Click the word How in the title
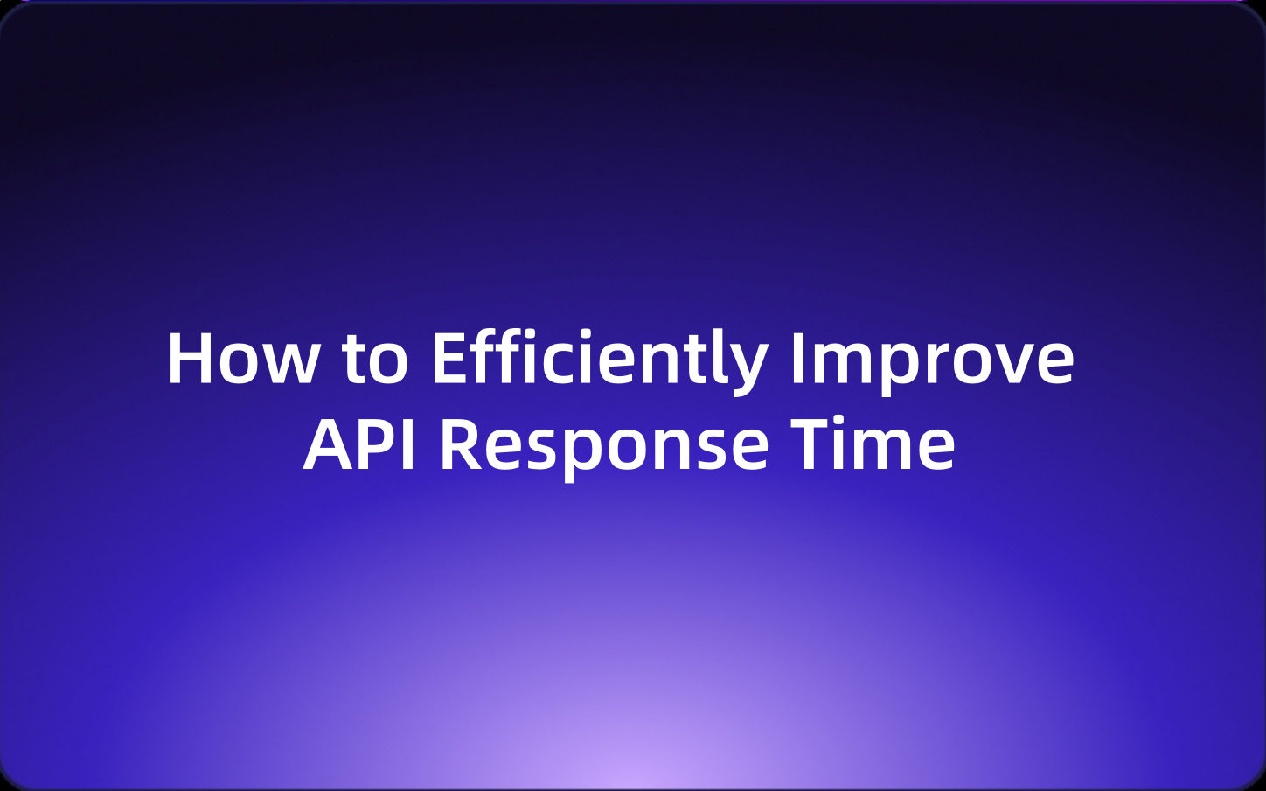(243, 359)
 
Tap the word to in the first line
(375, 359)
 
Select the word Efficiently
(599, 359)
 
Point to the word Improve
(931, 359)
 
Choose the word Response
(603, 444)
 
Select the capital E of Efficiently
(449, 359)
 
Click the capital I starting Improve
(796, 359)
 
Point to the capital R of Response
(459, 444)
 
